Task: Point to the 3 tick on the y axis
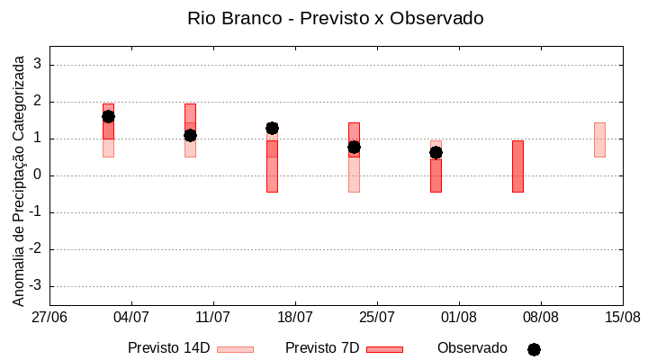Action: (x=38, y=65)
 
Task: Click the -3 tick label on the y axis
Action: (x=35, y=286)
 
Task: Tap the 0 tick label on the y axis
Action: (x=38, y=175)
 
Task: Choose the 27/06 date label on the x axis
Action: (x=49, y=318)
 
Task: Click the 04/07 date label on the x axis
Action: (x=131, y=318)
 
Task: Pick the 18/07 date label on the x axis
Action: (x=295, y=318)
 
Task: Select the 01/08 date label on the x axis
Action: (x=459, y=318)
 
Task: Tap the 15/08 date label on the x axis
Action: (x=623, y=318)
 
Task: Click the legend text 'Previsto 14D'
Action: (x=168, y=348)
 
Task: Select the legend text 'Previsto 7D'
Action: (x=321, y=348)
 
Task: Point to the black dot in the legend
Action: (x=534, y=349)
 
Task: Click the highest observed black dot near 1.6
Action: (x=108, y=116)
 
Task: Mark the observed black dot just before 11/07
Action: (x=190, y=135)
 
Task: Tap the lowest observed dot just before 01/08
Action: (x=436, y=152)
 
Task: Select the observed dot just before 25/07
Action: (x=354, y=147)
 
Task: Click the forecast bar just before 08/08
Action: (x=517, y=166)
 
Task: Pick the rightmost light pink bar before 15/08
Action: (x=599, y=139)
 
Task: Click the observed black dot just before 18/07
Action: (x=272, y=128)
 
